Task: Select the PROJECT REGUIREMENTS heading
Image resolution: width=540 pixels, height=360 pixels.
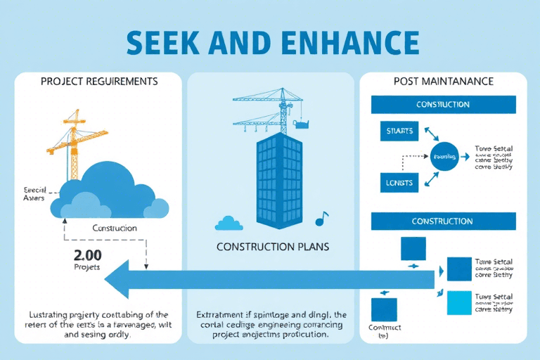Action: (x=99, y=82)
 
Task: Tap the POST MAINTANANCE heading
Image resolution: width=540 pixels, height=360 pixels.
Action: (x=443, y=82)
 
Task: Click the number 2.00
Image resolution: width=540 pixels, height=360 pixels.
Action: (x=88, y=255)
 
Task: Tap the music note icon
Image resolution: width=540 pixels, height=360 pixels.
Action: (x=321, y=219)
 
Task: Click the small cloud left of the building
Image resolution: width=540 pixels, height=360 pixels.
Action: (x=229, y=224)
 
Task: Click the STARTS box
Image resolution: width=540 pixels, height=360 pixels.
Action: (x=400, y=131)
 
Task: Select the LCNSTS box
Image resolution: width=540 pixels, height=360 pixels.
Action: (x=400, y=183)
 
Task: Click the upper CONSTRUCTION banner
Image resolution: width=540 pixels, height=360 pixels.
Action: (x=443, y=105)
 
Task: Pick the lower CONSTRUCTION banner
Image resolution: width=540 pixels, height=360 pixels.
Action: (x=443, y=221)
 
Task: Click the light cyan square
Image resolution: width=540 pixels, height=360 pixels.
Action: (x=459, y=303)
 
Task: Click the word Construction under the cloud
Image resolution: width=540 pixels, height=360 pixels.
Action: (x=115, y=228)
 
